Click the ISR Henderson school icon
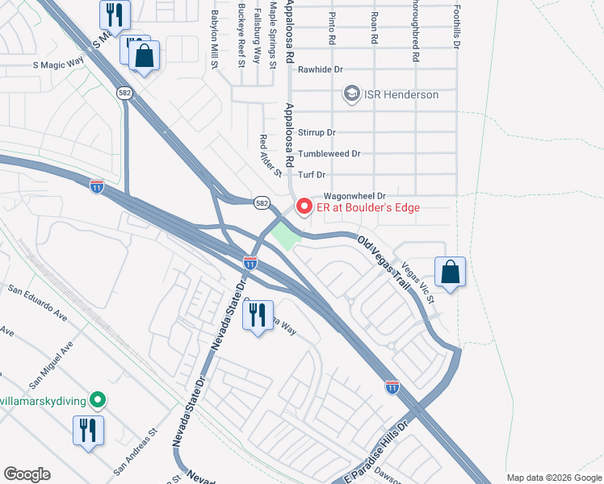pos(351,94)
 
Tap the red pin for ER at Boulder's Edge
pos(304,207)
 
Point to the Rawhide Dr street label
pos(322,69)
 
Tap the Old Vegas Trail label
pos(384,262)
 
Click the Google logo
pos(27,474)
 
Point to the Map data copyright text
pos(553,478)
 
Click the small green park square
pos(282,237)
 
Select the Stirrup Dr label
pos(317,132)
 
